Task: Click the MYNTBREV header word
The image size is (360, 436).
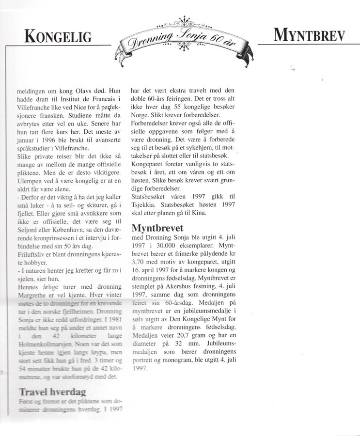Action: pos(308,35)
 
